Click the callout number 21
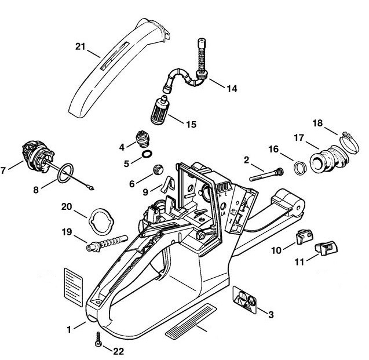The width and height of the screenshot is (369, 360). pos(80,46)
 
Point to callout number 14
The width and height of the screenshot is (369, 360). pos(231,89)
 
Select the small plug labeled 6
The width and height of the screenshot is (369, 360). pos(154,170)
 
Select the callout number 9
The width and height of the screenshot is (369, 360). pos(145,190)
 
